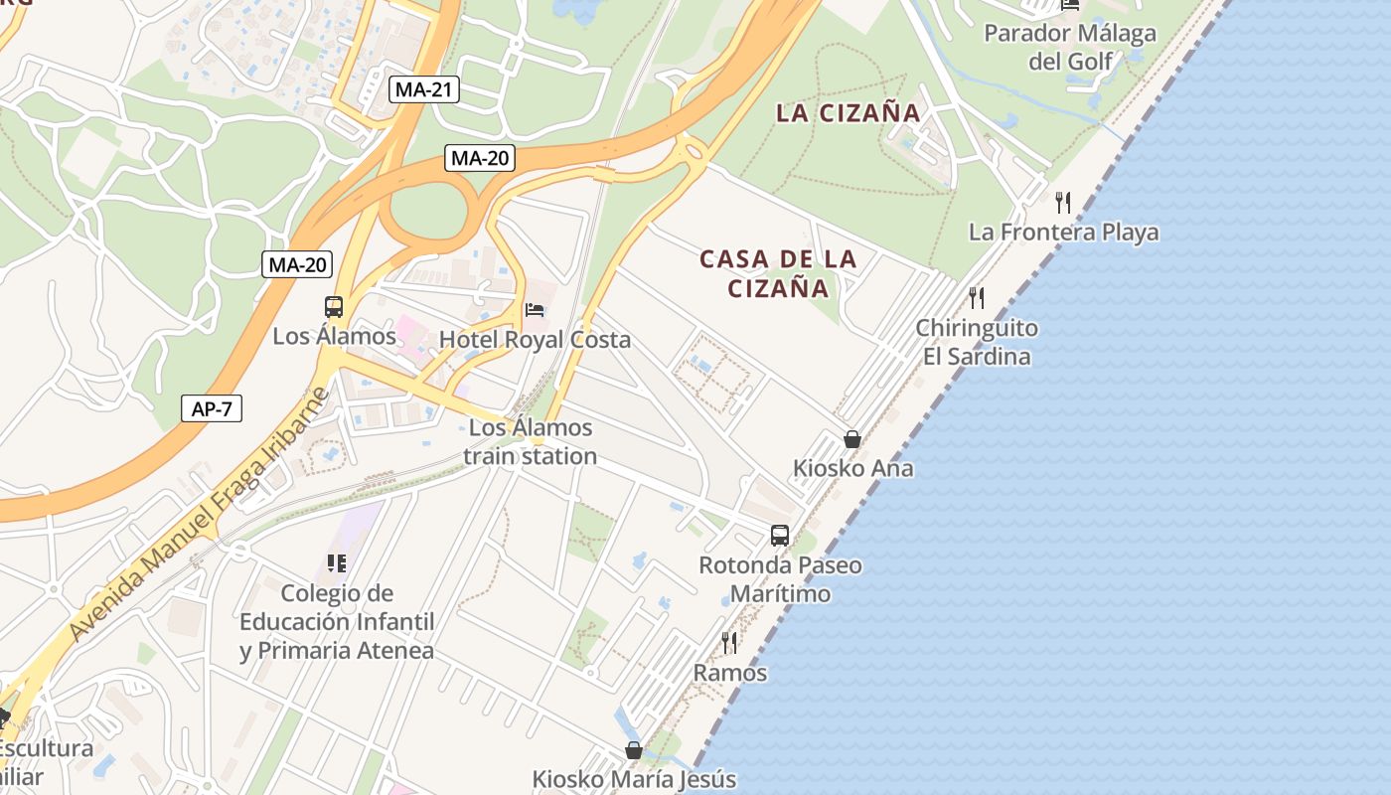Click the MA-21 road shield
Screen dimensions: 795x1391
[424, 89]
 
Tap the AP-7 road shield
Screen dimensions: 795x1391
[212, 407]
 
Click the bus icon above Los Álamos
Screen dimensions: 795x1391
[334, 307]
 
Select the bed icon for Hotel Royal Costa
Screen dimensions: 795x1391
[535, 310]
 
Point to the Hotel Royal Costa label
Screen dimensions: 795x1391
[535, 340]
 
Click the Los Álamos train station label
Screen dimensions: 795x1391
[531, 442]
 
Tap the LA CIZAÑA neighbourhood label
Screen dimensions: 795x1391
[849, 113]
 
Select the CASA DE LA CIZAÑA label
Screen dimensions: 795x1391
[778, 273]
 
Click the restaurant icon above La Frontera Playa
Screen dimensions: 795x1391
[1063, 203]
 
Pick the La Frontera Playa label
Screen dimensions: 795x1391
[1064, 233]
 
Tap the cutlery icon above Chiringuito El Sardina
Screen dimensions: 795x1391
[977, 297]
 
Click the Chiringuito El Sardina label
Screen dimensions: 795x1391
[977, 342]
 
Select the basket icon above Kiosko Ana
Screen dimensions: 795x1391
[851, 438]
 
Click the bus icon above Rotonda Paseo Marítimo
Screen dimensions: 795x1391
[780, 536]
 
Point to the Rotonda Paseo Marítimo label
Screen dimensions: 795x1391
[780, 579]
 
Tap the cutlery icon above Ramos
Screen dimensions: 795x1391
[729, 643]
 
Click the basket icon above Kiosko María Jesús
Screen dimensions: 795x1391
[633, 750]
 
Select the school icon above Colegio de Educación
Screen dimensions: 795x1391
[337, 563]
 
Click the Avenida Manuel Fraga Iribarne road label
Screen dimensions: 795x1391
[199, 515]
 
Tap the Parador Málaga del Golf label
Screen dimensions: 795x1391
[1070, 47]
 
